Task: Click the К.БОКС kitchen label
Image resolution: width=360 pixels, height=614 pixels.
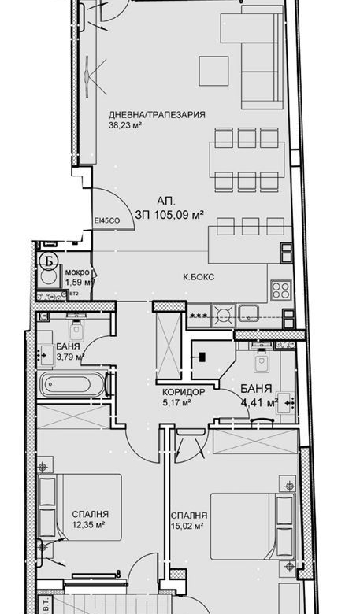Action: coord(198,277)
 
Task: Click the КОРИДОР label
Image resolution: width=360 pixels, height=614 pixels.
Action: coord(184,391)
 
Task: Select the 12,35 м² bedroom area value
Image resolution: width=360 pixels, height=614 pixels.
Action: coord(87,524)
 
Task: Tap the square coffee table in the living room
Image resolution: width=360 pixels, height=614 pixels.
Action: coord(213,70)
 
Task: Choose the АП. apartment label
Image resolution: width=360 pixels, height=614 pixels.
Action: coord(166,201)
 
